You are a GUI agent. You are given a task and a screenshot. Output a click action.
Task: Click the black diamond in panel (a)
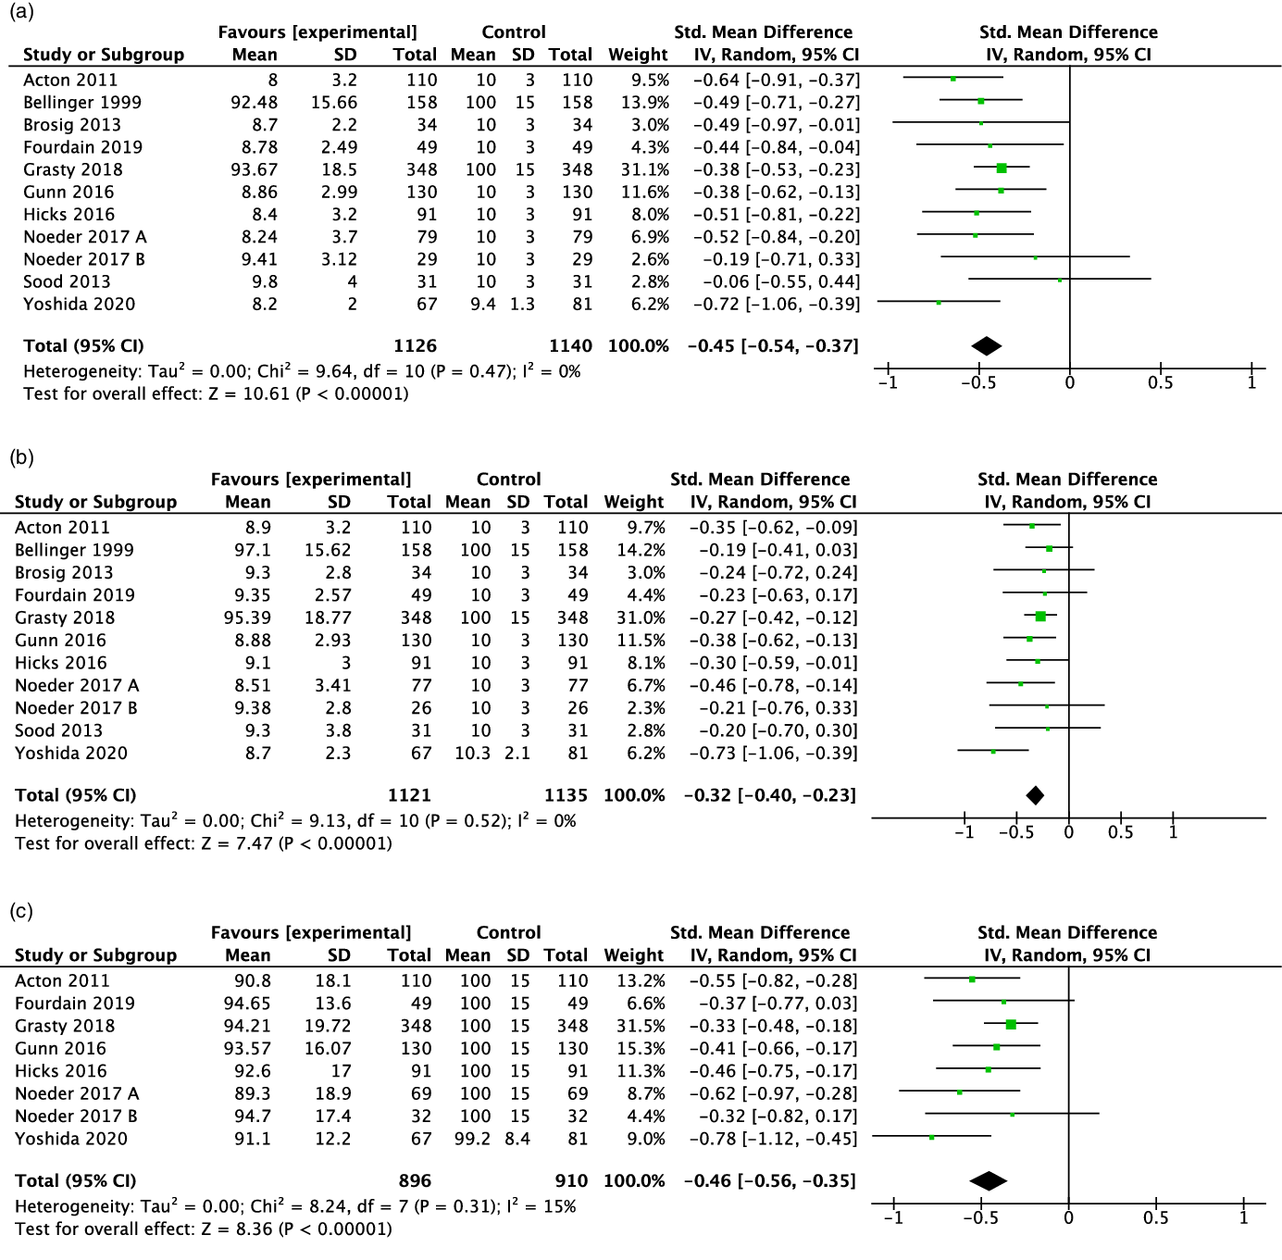coord(987,346)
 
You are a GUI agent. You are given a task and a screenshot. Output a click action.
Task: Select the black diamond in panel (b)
coord(1035,795)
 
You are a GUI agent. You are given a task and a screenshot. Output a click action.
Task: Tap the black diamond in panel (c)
coord(988,1181)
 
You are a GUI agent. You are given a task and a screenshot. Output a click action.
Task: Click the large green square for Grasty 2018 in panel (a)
coord(1002,168)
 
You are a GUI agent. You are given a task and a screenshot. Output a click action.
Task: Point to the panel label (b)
coord(21,457)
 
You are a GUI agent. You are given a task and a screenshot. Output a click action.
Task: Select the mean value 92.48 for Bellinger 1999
coord(254,103)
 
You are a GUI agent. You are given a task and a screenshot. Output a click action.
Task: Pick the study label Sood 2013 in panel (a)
coord(67,281)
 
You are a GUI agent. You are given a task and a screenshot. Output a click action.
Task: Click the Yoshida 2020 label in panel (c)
coord(71,1139)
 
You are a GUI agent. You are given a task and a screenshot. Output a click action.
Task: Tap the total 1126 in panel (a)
coord(415,346)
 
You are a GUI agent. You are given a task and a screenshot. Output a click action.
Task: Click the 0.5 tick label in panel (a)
coord(1160,383)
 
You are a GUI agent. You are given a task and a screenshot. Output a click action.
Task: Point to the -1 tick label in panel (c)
coord(893,1218)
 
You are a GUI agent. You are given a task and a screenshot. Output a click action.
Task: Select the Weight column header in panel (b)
coord(634,502)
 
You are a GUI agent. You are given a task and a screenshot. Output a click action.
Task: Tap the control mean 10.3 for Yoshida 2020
coord(472,754)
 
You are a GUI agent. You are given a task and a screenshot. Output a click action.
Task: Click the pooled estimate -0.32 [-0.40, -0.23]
coord(770,795)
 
